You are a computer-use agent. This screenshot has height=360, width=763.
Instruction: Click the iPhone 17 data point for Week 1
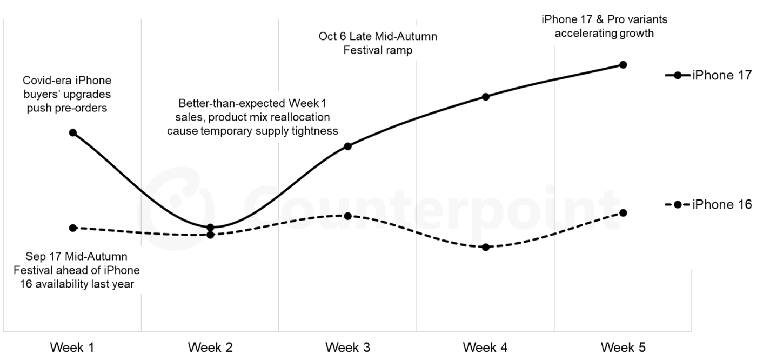(x=73, y=132)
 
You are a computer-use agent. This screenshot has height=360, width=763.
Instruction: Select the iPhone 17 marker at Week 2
(x=210, y=227)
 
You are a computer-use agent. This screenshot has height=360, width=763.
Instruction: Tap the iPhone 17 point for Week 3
(x=348, y=146)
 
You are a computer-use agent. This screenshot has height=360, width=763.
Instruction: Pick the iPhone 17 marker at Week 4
(x=486, y=97)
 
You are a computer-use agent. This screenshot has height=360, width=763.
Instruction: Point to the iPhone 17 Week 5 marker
(x=623, y=65)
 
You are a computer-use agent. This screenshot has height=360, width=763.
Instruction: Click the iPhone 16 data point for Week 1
(x=73, y=228)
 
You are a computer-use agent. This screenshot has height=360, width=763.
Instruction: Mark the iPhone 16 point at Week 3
(x=348, y=216)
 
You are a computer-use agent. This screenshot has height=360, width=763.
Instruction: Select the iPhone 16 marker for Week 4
(x=486, y=247)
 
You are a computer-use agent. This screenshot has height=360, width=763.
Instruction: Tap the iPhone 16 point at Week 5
(x=623, y=212)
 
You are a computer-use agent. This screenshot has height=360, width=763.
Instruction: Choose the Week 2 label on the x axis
(x=210, y=347)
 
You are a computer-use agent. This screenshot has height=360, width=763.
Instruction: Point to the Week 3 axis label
(x=348, y=347)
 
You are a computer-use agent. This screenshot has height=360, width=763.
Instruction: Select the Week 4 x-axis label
(x=486, y=347)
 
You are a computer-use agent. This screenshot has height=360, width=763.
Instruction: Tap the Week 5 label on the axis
(x=623, y=347)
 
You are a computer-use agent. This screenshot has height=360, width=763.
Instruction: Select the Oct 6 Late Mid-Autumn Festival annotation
(x=378, y=44)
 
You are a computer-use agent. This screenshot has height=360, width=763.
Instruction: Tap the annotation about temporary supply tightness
(x=252, y=117)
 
